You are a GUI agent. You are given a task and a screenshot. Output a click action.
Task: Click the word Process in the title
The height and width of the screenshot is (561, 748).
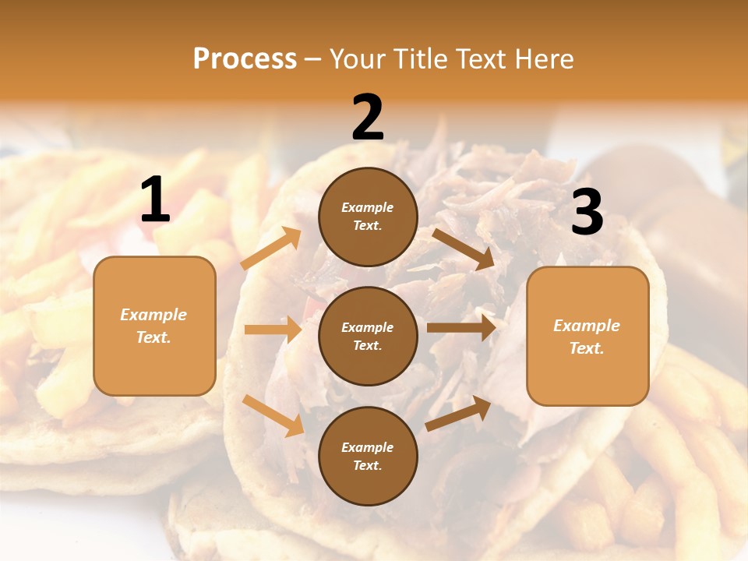[245, 58]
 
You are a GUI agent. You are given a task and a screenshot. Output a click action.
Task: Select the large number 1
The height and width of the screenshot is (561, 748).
[154, 200]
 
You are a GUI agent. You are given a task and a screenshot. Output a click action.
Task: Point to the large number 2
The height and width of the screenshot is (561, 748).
[368, 118]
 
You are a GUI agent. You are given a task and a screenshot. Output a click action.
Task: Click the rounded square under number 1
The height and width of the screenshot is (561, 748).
[154, 326]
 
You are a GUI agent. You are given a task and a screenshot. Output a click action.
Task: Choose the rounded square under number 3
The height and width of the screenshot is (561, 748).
[587, 336]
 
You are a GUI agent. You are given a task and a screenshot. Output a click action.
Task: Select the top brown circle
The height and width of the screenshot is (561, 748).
[368, 217]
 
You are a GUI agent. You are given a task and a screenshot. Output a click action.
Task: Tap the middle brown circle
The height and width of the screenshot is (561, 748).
[368, 336]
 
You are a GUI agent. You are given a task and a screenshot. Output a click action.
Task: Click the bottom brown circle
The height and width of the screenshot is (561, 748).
[368, 456]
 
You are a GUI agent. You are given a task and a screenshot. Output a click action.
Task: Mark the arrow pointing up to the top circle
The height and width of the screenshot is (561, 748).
[271, 249]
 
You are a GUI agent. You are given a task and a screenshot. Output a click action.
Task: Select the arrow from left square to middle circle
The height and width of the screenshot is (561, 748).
[273, 330]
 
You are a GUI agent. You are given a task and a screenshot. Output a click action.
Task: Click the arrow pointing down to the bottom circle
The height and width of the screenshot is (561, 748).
[273, 415]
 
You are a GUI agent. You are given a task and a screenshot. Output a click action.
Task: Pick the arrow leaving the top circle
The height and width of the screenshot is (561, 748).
[464, 249]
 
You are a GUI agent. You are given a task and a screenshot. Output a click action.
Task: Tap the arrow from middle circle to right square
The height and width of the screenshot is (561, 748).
[461, 327]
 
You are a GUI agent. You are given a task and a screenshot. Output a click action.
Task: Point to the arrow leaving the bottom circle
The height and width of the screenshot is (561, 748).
[458, 413]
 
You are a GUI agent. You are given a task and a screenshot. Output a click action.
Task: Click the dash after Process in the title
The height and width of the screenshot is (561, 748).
[313, 59]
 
